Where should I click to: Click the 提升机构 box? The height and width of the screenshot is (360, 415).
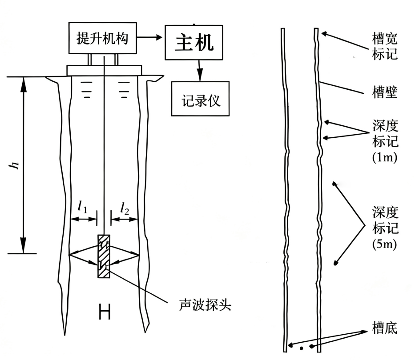tap(103, 38)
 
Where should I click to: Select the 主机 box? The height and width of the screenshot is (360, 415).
tap(194, 42)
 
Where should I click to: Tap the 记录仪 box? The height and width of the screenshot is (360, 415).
tap(200, 99)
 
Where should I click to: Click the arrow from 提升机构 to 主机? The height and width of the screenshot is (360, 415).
tap(149, 37)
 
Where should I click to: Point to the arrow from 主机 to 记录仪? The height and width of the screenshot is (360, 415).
tap(200, 71)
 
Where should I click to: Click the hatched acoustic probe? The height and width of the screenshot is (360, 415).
tap(104, 256)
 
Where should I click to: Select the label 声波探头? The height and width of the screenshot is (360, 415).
tap(205, 305)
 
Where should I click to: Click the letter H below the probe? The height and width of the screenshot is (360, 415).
tap(105, 312)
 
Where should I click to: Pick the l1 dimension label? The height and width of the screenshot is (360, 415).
tap(82, 207)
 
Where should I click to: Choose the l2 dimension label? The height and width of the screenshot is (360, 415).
tap(125, 208)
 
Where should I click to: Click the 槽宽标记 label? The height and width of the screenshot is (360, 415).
tap(385, 46)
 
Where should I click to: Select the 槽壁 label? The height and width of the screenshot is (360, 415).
tap(385, 92)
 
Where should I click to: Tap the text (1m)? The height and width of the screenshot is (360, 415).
tap(385, 158)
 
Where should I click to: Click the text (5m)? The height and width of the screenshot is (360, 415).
tap(385, 244)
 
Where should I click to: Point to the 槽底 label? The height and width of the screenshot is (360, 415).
tap(385, 328)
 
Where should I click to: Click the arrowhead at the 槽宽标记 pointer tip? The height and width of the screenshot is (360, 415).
tap(323, 34)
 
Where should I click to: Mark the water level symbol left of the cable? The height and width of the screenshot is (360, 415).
tap(87, 90)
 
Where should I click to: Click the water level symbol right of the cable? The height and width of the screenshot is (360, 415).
tap(124, 90)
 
